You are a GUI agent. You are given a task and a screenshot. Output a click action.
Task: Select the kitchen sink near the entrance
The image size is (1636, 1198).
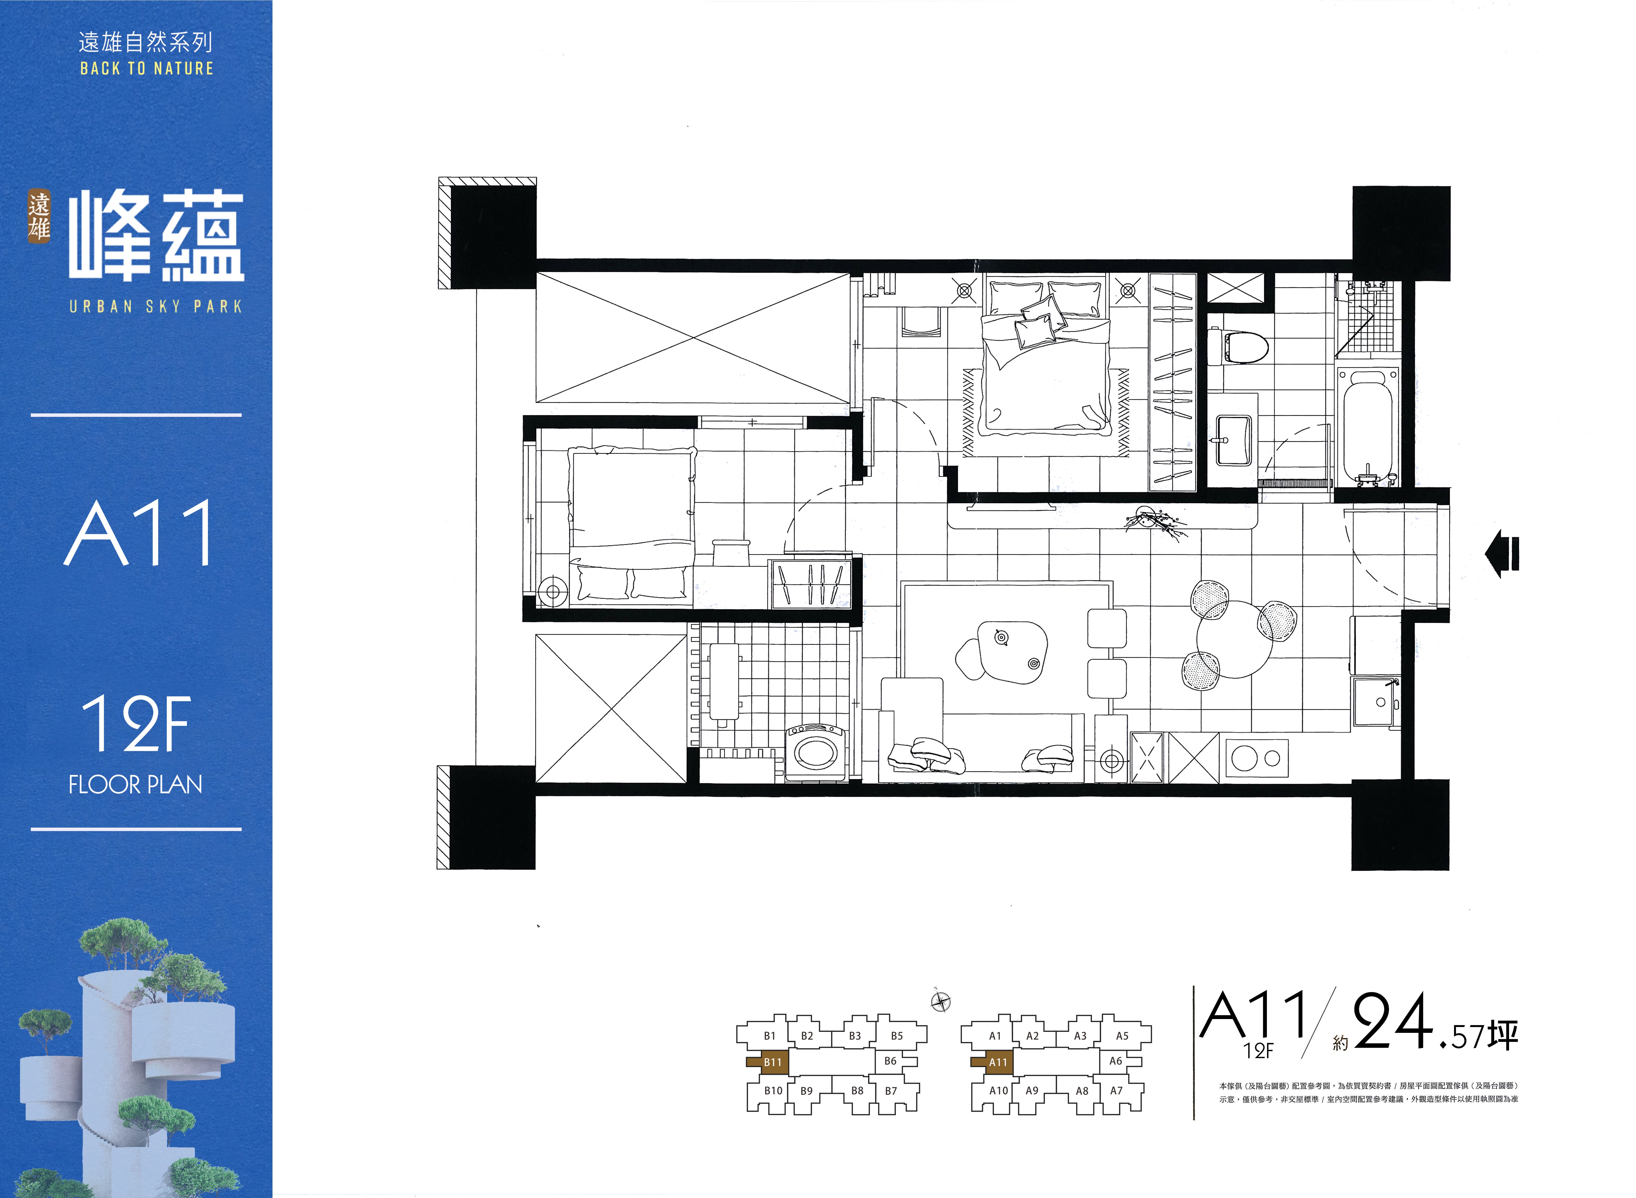point(1374,702)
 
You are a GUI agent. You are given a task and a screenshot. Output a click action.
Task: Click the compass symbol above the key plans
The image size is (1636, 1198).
point(940,1002)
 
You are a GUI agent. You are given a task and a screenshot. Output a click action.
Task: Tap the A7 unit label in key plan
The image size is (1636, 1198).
point(1116,1091)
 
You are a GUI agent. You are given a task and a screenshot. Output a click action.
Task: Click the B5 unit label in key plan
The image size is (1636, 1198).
point(897,1036)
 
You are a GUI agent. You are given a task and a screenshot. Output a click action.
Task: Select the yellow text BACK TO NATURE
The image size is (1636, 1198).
point(147,68)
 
